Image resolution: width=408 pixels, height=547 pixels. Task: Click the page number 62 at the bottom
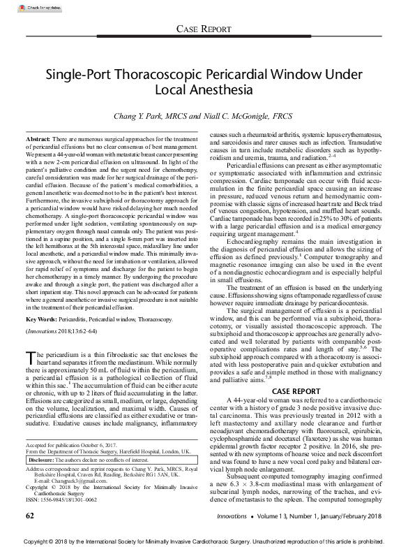[x=29, y=515]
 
